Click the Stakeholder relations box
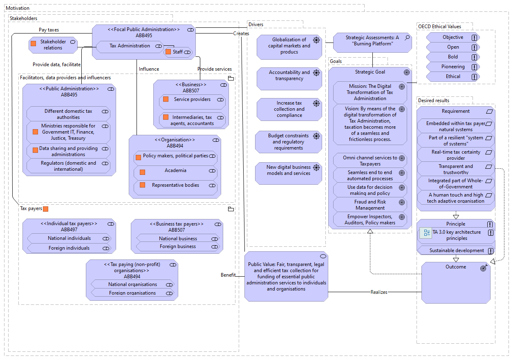(53, 45)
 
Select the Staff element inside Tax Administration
(178, 52)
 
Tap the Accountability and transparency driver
(289, 78)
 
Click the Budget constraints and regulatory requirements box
(289, 142)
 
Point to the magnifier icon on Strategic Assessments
(407, 38)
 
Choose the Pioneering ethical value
(453, 67)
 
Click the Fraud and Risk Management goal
(370, 205)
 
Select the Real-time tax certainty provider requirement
(455, 155)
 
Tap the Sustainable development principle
(456, 250)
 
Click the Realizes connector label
(379, 292)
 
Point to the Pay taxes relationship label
(49, 30)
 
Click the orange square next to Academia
(142, 172)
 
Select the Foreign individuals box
(69, 248)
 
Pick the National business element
(178, 238)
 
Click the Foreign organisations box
(132, 293)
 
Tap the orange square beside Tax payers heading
(45, 209)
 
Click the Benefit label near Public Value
(228, 275)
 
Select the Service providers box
(192, 102)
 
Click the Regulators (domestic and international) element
(68, 166)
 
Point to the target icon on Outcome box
(484, 268)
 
